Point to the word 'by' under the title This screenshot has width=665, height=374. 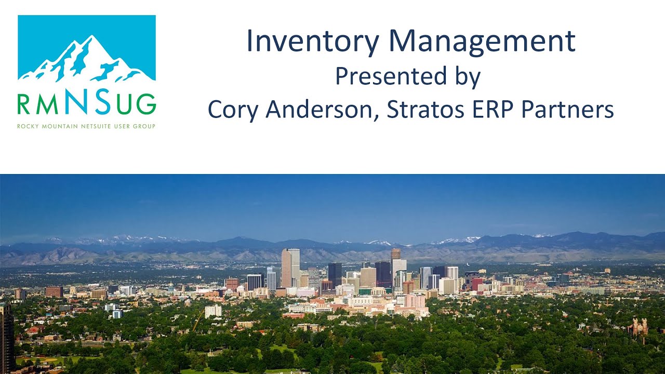click(x=467, y=77)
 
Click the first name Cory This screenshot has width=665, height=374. click(x=236, y=110)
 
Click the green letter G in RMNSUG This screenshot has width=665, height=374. click(x=146, y=104)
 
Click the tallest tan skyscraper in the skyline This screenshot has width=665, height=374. click(x=290, y=267)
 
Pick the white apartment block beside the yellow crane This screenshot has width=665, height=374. click(x=213, y=311)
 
